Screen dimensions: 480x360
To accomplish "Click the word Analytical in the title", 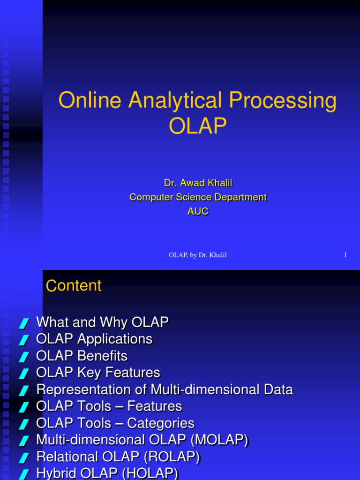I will (169, 102).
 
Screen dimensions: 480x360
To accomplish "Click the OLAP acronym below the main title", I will (197, 126).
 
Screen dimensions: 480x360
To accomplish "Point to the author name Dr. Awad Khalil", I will (198, 183).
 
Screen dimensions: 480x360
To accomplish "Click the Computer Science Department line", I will (198, 197).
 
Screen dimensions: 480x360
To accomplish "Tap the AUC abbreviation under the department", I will (198, 211).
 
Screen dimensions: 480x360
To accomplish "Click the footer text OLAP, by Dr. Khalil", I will (198, 255).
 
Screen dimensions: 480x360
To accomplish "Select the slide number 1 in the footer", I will (345, 255).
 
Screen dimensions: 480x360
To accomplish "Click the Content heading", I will (74, 286).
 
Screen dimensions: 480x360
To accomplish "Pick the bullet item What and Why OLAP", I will (102, 322).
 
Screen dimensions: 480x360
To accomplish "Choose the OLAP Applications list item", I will (94, 339).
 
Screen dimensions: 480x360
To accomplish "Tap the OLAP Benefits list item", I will (82, 356).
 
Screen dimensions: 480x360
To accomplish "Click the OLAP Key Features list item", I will (98, 373).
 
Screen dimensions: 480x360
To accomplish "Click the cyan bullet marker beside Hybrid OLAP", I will (24, 475).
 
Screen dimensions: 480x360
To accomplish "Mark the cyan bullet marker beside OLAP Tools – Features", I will (24, 407).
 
